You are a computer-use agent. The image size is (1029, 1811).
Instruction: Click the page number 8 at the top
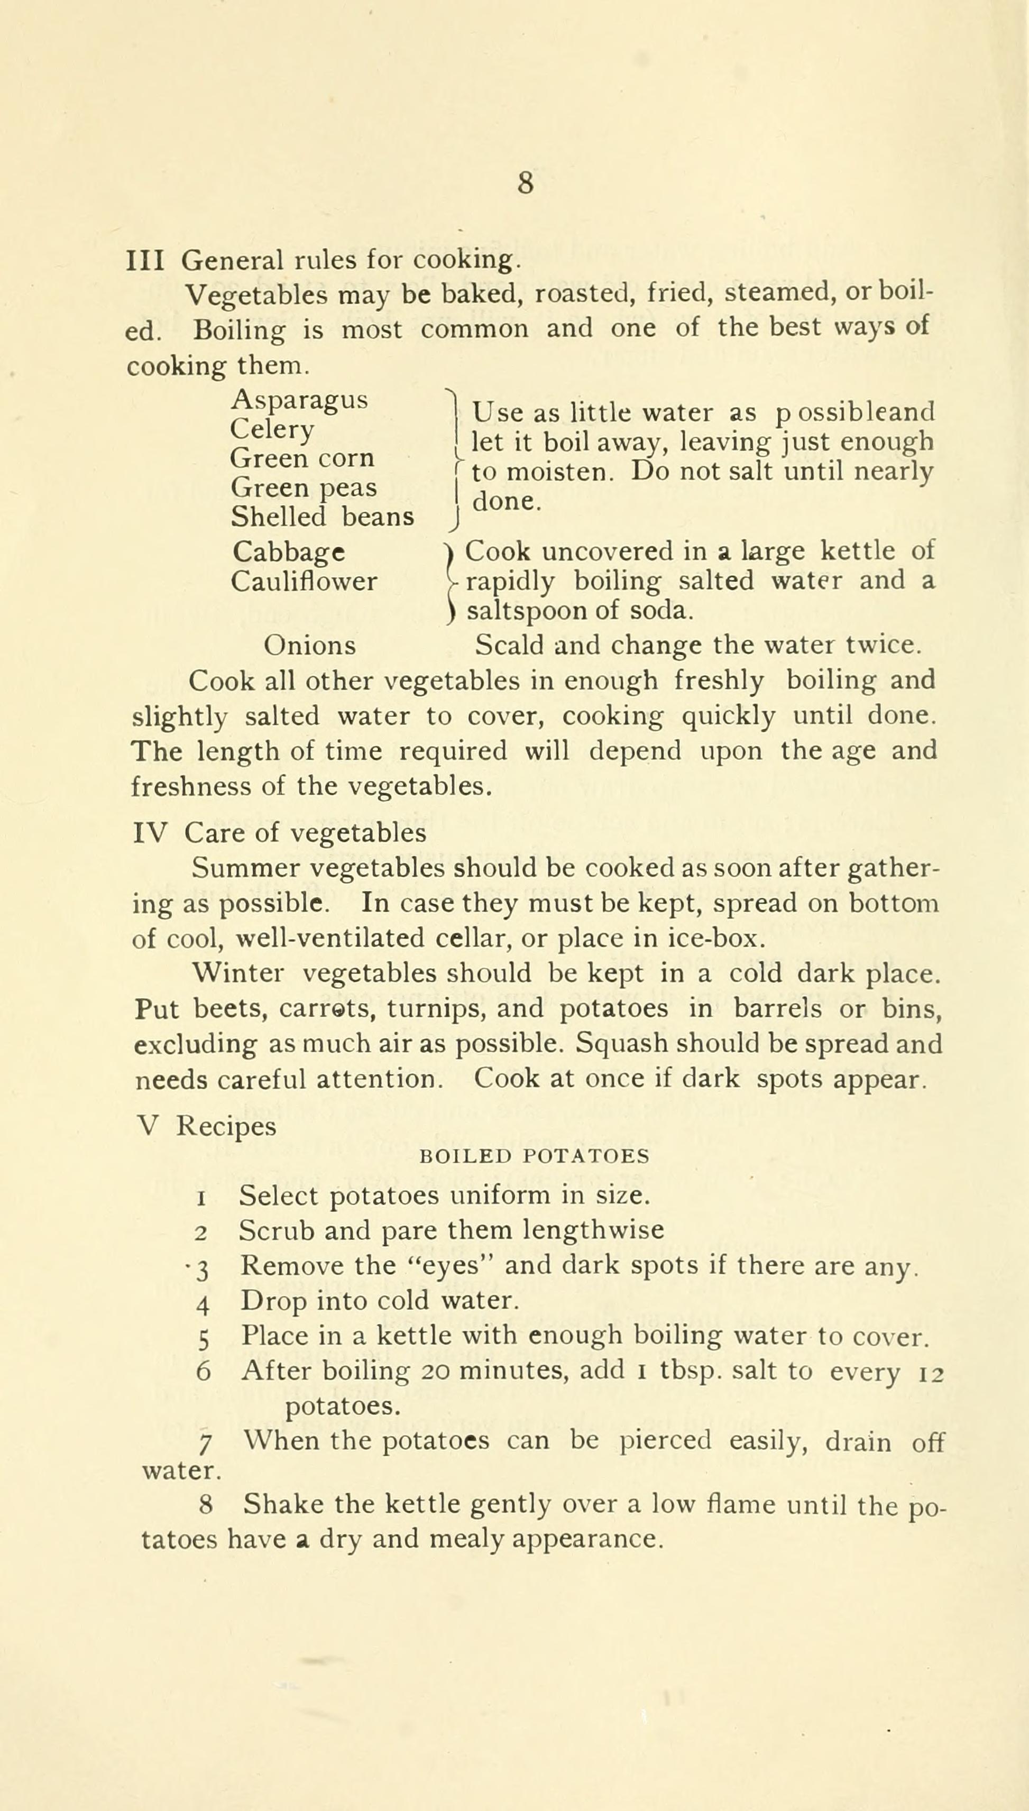(x=525, y=183)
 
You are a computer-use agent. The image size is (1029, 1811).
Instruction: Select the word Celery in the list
(x=272, y=429)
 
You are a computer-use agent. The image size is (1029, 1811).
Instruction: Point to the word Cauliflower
(x=304, y=582)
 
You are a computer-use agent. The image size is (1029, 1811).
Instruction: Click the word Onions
(x=309, y=645)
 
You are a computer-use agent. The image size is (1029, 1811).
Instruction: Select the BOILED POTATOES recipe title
(x=534, y=1157)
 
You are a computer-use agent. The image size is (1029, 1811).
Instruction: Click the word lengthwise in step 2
(x=593, y=1230)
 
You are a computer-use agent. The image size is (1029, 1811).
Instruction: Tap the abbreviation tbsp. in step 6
(x=690, y=1372)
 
